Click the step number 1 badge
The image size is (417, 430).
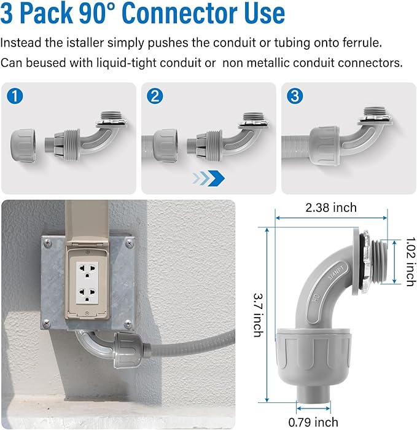[x=15, y=96]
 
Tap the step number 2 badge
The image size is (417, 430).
[x=155, y=96]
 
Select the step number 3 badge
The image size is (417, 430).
[x=295, y=96]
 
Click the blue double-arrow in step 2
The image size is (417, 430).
[x=209, y=178]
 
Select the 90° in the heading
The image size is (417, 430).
[x=103, y=14]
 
